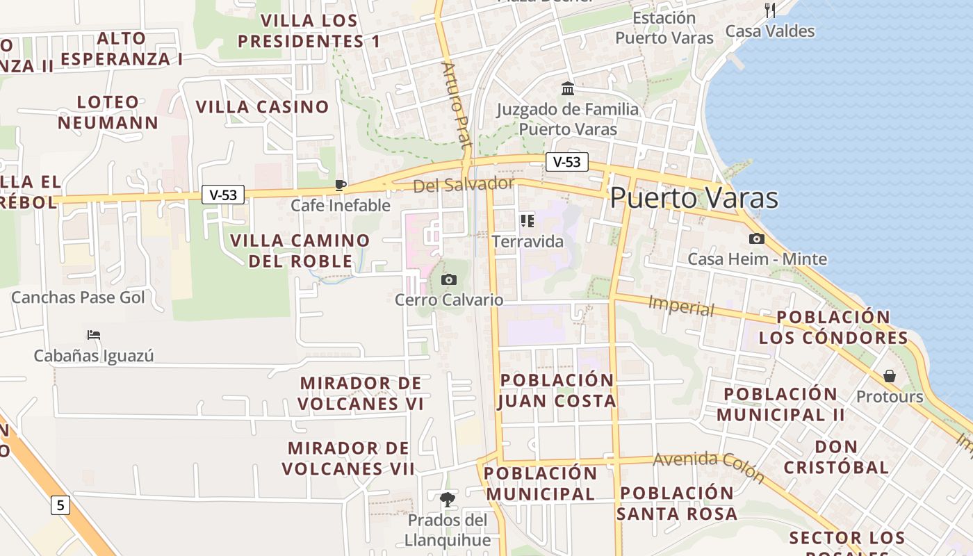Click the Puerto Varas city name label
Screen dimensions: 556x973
pos(694,198)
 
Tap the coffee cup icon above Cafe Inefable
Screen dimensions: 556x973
pos(340,185)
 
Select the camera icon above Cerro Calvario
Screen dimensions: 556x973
pos(449,279)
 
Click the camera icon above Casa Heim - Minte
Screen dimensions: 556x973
pos(757,238)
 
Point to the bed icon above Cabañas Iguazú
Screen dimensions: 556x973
pos(94,335)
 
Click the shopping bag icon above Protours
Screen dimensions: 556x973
pos(890,376)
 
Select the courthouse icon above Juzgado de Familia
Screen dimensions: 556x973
pos(568,88)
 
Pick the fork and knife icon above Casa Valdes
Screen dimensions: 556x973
pos(770,10)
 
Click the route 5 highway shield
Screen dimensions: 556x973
pos(60,505)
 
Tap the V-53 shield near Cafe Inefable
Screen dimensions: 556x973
pos(223,195)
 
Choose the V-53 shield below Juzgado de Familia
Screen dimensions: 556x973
pos(566,162)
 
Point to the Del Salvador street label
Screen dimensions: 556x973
pos(464,184)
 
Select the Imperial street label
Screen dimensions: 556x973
pos(681,306)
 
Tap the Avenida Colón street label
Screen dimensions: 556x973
pos(709,467)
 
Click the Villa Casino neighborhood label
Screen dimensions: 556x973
pos(262,107)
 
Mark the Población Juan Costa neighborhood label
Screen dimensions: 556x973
pos(557,391)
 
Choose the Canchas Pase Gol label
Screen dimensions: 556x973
pos(78,297)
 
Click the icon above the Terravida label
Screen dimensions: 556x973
pos(528,221)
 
